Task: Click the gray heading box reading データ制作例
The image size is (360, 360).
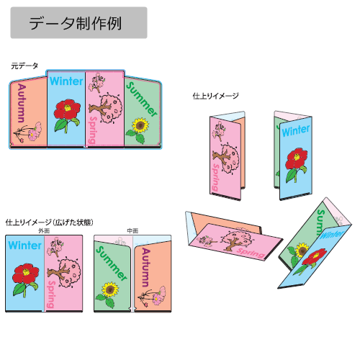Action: click(78, 22)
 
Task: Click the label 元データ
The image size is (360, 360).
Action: click(24, 66)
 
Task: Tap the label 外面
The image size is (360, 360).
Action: click(44, 230)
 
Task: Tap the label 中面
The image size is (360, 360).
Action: click(132, 230)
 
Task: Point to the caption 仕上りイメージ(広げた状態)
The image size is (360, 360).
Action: click(49, 222)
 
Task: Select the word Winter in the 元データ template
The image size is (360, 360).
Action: click(66, 81)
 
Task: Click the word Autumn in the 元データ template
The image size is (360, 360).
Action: click(22, 103)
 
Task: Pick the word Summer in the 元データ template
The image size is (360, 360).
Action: click(142, 99)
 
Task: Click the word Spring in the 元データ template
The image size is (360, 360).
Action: click(93, 130)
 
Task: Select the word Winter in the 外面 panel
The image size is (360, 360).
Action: click(24, 246)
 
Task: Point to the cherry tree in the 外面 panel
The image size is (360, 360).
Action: click(64, 271)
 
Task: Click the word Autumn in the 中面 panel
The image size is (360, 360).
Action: click(146, 267)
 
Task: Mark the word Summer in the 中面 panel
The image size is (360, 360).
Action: click(112, 264)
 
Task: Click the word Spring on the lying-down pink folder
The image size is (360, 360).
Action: click(251, 253)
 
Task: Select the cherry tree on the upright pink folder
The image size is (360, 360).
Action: click(226, 158)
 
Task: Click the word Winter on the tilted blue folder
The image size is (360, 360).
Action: click(331, 234)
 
